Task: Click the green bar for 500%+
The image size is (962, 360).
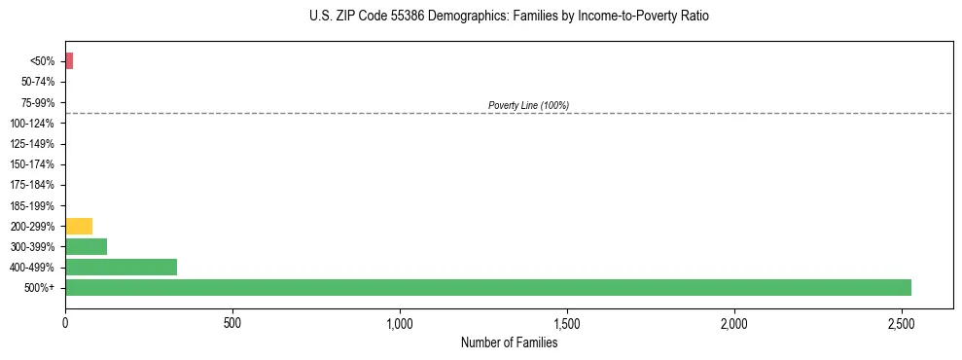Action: (x=487, y=287)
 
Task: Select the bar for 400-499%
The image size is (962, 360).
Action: (x=121, y=267)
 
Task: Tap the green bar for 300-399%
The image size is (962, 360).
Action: (x=86, y=246)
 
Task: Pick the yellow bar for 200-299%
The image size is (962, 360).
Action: (x=79, y=226)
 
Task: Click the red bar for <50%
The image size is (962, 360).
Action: (x=69, y=61)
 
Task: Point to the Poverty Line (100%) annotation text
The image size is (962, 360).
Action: (x=528, y=105)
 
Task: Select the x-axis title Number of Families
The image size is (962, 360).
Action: (x=509, y=342)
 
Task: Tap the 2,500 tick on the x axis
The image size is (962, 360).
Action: (x=902, y=322)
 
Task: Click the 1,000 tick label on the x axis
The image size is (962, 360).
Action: (x=400, y=322)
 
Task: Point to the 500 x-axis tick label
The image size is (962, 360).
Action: (x=232, y=322)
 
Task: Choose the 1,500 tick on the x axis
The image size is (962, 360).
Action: (x=567, y=322)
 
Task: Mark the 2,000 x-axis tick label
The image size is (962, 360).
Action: (x=734, y=322)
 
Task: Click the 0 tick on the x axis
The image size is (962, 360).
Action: (x=65, y=322)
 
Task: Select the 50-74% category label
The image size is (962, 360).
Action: (x=38, y=82)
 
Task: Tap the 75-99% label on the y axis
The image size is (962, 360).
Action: (x=38, y=102)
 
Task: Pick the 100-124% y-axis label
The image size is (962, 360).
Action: (x=34, y=124)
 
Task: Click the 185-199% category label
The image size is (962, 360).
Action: (x=34, y=205)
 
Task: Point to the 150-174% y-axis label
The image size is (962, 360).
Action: (x=34, y=164)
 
